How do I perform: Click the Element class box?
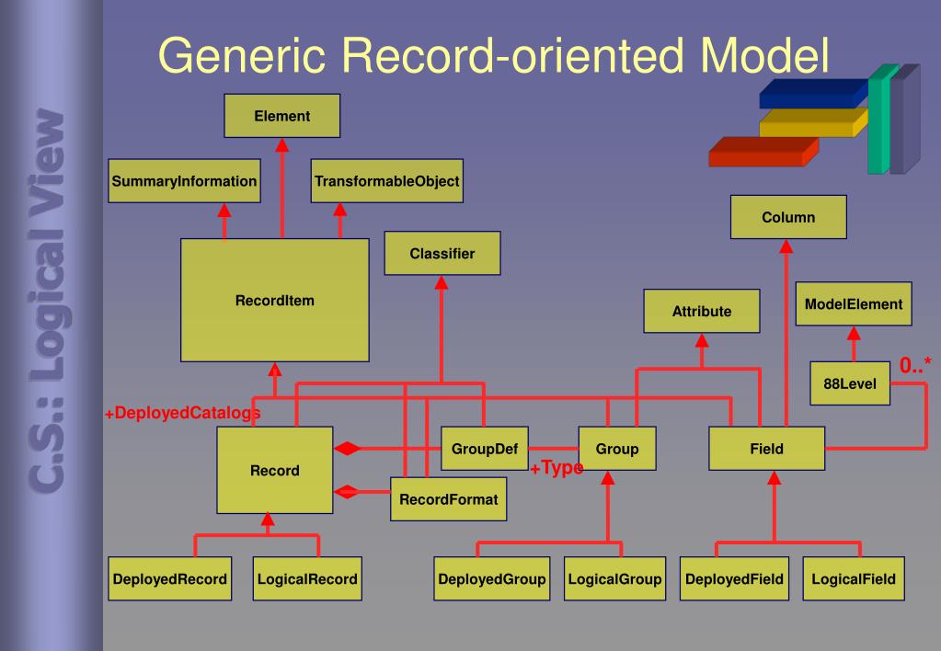[282, 116]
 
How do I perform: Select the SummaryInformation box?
[184, 181]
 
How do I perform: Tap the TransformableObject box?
[386, 181]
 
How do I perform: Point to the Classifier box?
[442, 254]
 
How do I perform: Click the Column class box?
[788, 218]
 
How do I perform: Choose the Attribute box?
[702, 311]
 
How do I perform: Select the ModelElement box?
[854, 303]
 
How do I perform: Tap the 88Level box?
[850, 383]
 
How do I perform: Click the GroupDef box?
[484, 450]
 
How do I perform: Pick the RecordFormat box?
[448, 498]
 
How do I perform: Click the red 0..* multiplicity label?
[915, 366]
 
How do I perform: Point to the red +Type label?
[557, 468]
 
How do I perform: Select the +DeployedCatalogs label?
[181, 413]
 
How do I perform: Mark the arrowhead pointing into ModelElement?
[854, 333]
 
